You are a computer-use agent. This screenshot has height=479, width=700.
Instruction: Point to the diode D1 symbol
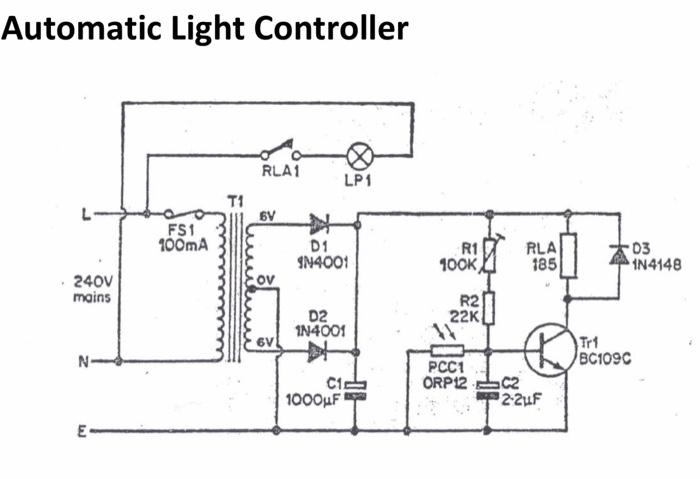point(319,222)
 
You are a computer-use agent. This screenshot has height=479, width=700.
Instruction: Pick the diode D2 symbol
point(319,350)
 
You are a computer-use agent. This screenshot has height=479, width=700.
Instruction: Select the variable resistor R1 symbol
point(487,257)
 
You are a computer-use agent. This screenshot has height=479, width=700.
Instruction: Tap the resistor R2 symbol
point(487,309)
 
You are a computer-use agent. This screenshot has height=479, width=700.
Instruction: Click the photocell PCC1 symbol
point(446,351)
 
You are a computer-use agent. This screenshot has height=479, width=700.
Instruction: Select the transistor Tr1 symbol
point(551,349)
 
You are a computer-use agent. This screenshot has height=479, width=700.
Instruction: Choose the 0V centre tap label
point(265,281)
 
